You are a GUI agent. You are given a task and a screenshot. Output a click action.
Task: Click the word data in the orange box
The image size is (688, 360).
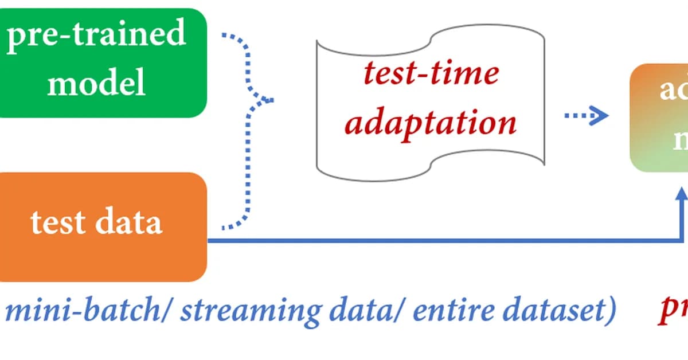(x=128, y=222)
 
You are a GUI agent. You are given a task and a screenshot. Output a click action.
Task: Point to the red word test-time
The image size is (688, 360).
(x=431, y=73)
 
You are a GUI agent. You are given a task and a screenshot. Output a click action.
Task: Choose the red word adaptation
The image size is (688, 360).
(x=431, y=122)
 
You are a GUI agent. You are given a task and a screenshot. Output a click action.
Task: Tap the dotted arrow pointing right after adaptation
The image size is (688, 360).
(x=586, y=117)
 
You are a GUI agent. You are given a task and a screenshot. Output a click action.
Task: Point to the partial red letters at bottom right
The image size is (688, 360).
(x=673, y=311)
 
